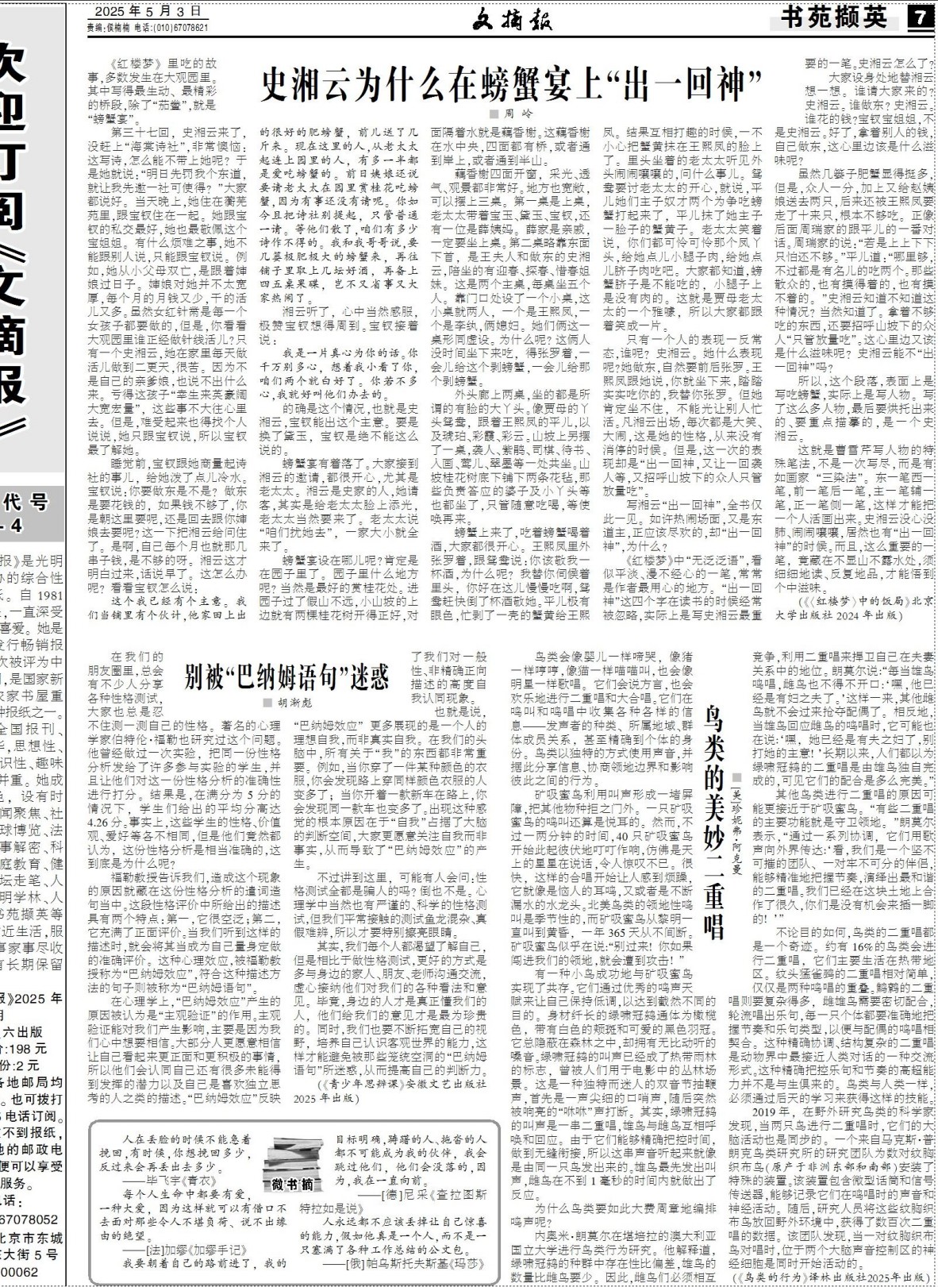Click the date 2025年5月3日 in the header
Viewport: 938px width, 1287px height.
tap(148, 12)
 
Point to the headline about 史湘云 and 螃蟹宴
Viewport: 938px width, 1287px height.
tap(512, 80)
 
